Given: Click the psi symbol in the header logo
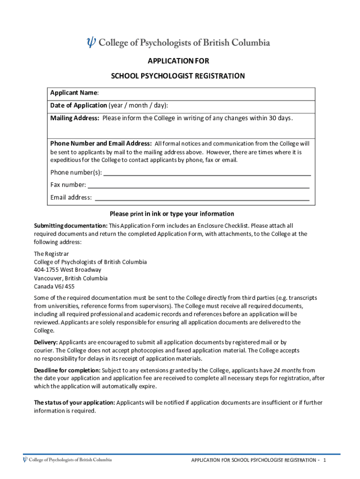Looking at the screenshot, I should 91,43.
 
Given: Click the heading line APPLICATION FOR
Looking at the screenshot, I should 178,61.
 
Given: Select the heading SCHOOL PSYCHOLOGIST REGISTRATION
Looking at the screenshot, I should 178,76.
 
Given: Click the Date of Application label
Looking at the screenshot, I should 79,105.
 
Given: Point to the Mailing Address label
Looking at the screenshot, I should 75,118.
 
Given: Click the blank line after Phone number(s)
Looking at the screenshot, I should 207,172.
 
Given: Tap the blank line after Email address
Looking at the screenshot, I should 202,197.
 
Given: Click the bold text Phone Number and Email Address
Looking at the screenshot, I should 101,143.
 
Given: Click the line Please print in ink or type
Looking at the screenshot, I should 172,214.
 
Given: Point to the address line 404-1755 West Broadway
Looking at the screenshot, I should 67,270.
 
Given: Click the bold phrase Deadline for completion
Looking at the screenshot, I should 67,370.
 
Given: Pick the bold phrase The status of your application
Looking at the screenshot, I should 74,403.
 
